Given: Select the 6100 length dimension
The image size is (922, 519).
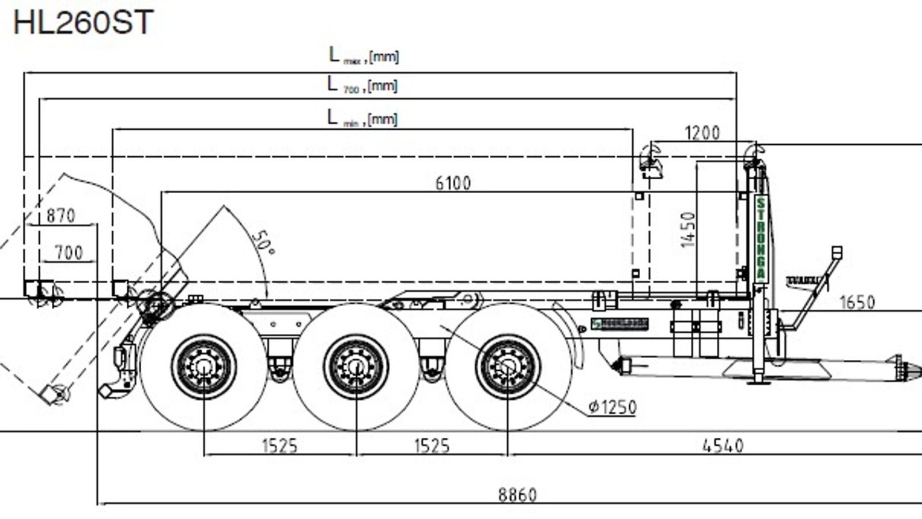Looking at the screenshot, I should tap(453, 183).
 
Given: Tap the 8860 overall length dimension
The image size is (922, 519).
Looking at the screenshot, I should tap(517, 495).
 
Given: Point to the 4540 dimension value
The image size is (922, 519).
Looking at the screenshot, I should tap(723, 445).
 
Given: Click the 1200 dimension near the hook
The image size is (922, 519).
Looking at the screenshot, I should tap(702, 133).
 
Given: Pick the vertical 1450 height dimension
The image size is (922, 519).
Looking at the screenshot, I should tap(688, 230).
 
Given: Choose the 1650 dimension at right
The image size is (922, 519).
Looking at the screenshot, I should tap(857, 302).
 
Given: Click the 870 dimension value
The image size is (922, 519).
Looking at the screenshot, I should tap(61, 216).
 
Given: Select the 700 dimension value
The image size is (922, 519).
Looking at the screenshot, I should tap(69, 253).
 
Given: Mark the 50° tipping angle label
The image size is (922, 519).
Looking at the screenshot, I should tap(263, 242).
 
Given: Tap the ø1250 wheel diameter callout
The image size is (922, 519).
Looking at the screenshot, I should tap(612, 407).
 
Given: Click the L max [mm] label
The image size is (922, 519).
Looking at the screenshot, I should tap(363, 56).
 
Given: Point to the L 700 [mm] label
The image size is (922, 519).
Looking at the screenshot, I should tap(362, 85).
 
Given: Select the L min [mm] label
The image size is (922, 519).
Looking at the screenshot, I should tap(362, 119).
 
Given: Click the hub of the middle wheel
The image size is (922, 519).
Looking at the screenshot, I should tap(356, 367).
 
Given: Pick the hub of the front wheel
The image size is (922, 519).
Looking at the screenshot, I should tap(508, 367).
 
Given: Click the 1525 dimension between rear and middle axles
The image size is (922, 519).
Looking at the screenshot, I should tap(279, 445).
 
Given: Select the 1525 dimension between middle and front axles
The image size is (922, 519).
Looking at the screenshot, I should tap(432, 445).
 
